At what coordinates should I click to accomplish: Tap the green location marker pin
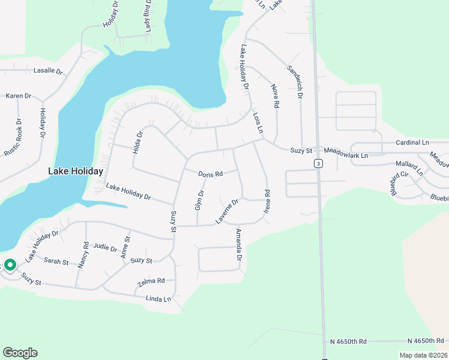[10, 265]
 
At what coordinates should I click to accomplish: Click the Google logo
[20, 353]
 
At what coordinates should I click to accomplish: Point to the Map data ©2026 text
[423, 355]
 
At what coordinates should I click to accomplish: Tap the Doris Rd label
[211, 173]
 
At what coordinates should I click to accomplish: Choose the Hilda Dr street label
[137, 143]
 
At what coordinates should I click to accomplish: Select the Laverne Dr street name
[228, 211]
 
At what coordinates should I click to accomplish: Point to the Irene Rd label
[267, 202]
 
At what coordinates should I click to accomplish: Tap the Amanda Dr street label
[239, 245]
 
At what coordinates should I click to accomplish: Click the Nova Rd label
[276, 96]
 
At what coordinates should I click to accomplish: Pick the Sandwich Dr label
[296, 82]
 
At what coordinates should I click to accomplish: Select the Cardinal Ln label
[412, 143]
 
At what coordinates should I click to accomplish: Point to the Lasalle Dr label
[48, 71]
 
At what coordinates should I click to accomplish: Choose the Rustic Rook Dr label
[13, 137]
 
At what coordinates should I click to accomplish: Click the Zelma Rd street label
[151, 281]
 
